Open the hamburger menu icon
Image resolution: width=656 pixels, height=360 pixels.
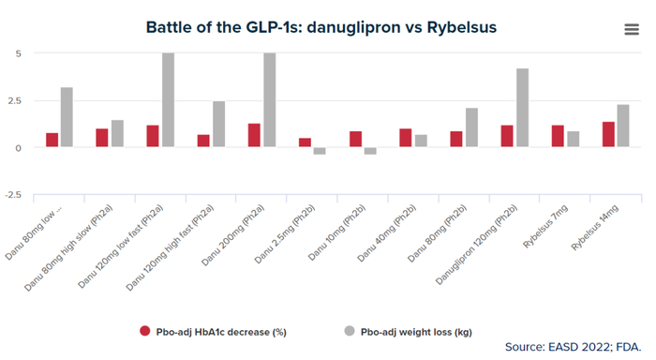(x=632, y=29)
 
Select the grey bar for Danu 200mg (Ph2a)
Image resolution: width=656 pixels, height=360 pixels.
(x=270, y=100)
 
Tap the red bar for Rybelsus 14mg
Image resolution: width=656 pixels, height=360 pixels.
(x=609, y=135)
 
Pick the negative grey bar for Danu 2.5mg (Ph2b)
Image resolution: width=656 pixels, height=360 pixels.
(x=320, y=151)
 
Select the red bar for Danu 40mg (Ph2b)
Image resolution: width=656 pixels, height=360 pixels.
(x=406, y=138)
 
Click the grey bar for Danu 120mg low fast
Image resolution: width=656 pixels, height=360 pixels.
(x=168, y=100)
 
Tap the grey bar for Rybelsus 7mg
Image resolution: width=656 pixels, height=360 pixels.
(x=574, y=139)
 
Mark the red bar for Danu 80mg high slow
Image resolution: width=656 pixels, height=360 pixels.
(x=102, y=138)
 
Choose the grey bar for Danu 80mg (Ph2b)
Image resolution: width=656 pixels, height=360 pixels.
(x=472, y=127)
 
